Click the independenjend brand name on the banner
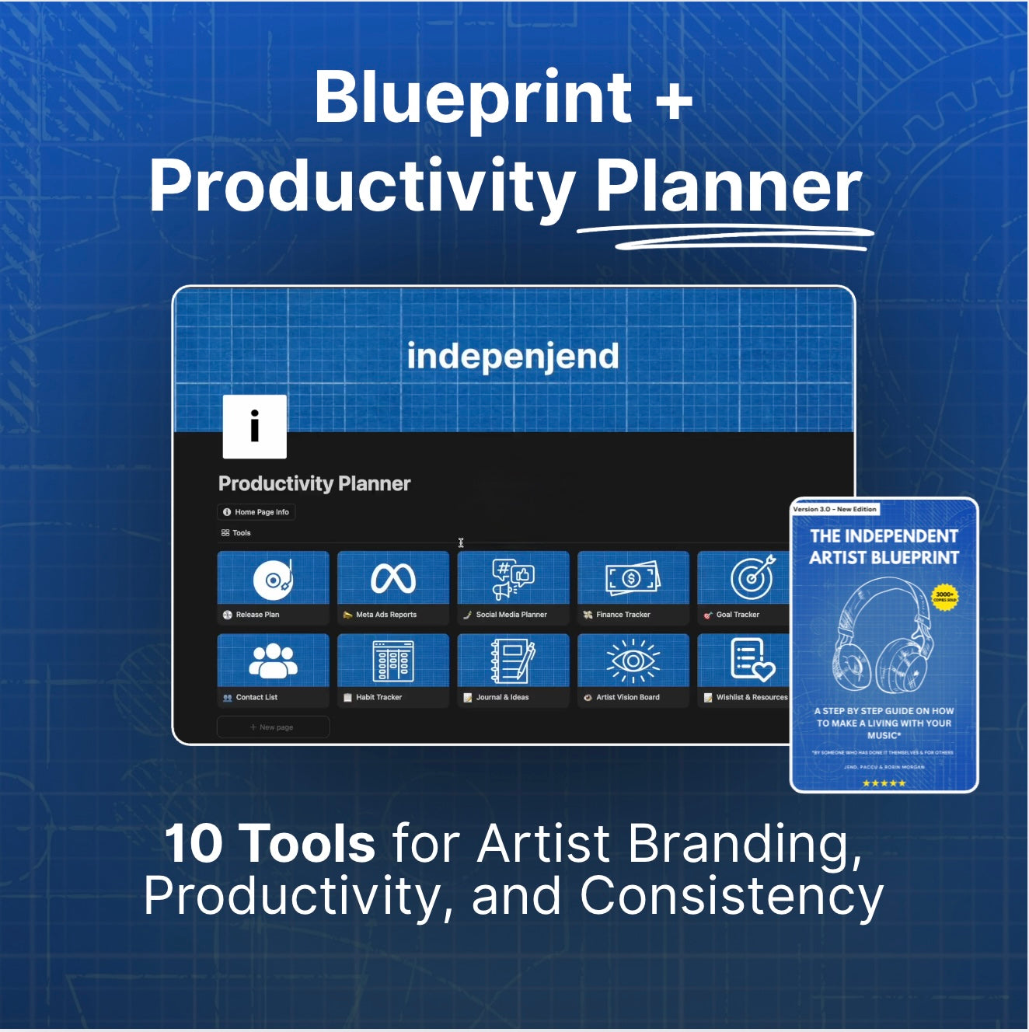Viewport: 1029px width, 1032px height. [x=513, y=357]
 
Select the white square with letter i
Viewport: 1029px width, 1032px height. [x=255, y=427]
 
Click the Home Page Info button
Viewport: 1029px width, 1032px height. [x=256, y=512]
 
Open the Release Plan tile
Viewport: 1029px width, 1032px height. [x=273, y=587]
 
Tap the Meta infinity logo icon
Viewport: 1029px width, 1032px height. [x=393, y=579]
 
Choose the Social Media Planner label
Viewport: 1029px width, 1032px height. [x=511, y=615]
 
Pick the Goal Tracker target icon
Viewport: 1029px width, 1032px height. [x=752, y=578]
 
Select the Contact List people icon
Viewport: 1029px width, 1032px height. [x=273, y=661]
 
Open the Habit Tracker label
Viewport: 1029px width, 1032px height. [x=378, y=698]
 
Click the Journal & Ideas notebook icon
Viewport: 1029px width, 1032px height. [x=513, y=661]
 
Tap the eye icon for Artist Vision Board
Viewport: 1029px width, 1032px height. [x=633, y=661]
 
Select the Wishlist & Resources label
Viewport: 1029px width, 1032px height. [x=751, y=698]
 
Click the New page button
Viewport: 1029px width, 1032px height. [x=273, y=727]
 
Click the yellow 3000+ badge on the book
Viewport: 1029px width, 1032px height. [x=944, y=597]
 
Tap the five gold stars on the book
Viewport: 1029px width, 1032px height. [x=884, y=783]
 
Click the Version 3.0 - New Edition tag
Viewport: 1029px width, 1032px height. [x=835, y=509]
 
